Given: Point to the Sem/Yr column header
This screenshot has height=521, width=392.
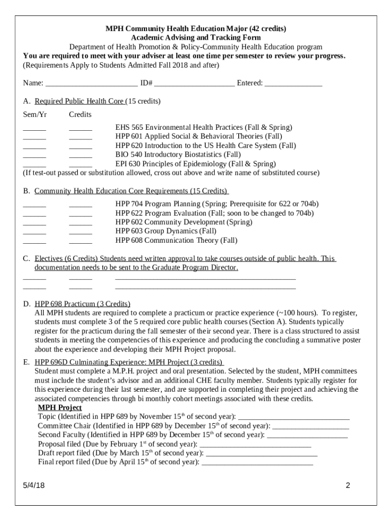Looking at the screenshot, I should pyautogui.click(x=35, y=114).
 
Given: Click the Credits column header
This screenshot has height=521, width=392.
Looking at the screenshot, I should pyautogui.click(x=80, y=114).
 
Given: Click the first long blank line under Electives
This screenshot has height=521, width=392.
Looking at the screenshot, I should pyautogui.click(x=205, y=278).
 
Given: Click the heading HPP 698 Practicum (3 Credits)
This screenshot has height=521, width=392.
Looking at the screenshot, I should pyautogui.click(x=82, y=304).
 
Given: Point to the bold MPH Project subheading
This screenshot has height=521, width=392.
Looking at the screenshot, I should pyautogui.click(x=60, y=408).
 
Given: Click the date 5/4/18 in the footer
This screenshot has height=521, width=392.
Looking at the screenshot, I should pyautogui.click(x=34, y=485).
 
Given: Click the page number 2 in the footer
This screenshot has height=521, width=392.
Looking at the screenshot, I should pyautogui.click(x=348, y=485).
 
